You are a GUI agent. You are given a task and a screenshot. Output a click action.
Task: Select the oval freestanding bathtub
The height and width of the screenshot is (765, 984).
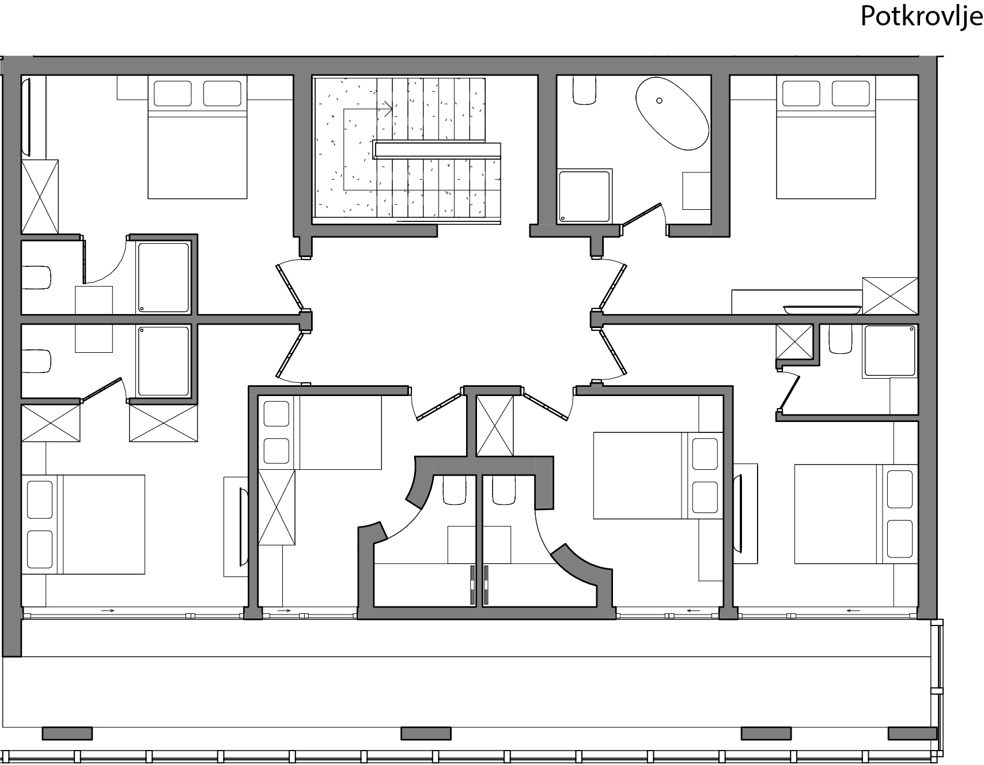(672, 114)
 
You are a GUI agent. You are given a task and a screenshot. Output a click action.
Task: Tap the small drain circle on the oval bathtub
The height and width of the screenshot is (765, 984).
(660, 100)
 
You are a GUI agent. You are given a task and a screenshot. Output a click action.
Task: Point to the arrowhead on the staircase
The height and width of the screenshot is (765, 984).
(389, 108)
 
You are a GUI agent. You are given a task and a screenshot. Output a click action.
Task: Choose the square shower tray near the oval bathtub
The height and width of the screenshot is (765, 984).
(584, 196)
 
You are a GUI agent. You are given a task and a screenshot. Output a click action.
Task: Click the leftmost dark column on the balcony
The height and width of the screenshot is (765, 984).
(67, 733)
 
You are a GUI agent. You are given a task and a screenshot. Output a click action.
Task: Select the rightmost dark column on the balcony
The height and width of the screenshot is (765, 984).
(912, 733)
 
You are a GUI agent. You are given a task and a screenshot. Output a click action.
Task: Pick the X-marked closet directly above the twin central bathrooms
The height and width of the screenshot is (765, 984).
(495, 427)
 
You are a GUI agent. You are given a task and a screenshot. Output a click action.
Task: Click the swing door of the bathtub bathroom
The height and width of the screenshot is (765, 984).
(641, 214)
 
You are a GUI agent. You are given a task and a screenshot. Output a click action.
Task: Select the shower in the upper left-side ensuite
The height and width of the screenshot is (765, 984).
(164, 278)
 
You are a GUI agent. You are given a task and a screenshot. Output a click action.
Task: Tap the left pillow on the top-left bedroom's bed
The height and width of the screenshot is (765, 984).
(172, 93)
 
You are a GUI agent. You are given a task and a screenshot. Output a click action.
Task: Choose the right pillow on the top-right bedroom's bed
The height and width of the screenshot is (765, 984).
(850, 93)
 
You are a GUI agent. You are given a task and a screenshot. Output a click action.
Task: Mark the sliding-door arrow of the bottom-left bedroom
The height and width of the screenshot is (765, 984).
(107, 610)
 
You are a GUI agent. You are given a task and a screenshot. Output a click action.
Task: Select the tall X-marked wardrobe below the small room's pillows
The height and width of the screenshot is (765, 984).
(277, 507)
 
